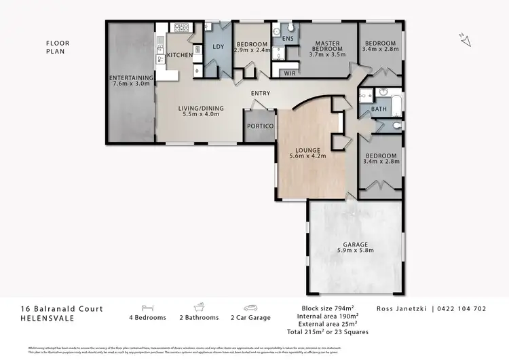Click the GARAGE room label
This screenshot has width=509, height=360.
(x=356, y=244)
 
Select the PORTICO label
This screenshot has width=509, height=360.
(x=260, y=127)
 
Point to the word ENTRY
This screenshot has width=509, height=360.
(x=260, y=94)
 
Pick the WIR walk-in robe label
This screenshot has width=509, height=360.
(x=289, y=72)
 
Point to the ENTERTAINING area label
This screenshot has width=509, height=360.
(x=132, y=78)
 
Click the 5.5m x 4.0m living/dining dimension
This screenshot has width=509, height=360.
(x=197, y=115)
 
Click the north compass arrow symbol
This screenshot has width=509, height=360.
(x=465, y=39)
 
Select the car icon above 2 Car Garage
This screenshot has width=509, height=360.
(x=250, y=307)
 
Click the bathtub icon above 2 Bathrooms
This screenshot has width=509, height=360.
(x=200, y=306)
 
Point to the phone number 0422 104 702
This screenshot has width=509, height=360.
(x=461, y=308)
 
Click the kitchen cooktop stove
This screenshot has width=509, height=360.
(x=181, y=29)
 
